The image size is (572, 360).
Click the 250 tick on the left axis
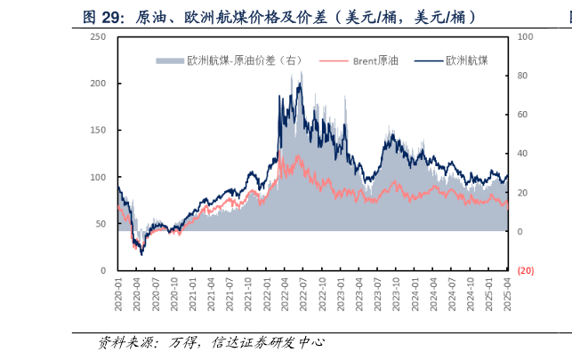coord(99,36)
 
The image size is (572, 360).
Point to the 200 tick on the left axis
coord(99,84)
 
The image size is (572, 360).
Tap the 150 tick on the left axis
coord(99,130)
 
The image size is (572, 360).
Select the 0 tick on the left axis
coord(104,270)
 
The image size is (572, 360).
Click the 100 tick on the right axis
coord(525,36)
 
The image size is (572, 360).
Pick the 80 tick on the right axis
coord(523,76)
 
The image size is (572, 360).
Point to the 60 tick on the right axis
coord(523,115)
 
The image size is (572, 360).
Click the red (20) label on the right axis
coord(525,270)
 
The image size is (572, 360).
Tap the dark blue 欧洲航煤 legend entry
coord(466,60)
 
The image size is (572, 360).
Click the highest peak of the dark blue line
coord(301,73)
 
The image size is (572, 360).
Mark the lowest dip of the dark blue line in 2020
coord(141,254)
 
